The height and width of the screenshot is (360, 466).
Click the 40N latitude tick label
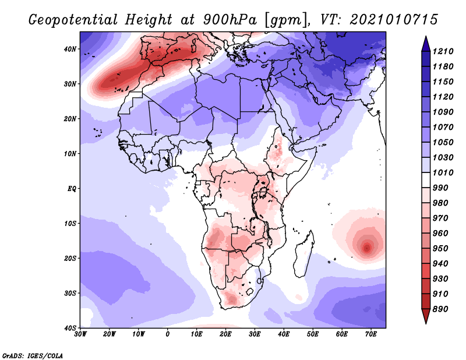point(70,49)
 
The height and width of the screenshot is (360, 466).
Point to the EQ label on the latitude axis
point(72,189)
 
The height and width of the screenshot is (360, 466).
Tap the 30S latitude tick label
point(70,293)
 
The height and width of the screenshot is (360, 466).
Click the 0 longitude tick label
point(168,334)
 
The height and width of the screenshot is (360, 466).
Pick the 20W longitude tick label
point(110,334)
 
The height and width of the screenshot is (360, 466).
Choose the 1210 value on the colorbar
point(443,51)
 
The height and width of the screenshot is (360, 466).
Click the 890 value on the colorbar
point(440,309)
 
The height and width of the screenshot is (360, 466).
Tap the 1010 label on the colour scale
point(443,172)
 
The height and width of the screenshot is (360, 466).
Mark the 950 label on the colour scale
point(440,249)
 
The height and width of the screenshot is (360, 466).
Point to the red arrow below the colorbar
point(426,316)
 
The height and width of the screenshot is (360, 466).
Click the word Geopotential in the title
point(73,20)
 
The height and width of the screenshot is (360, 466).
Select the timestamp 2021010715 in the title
point(394,20)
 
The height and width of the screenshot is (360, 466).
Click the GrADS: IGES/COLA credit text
point(33,355)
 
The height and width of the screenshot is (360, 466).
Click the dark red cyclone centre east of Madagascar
point(367,248)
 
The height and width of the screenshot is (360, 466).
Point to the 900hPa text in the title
point(230,20)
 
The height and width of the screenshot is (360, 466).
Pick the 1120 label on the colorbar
point(443,97)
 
